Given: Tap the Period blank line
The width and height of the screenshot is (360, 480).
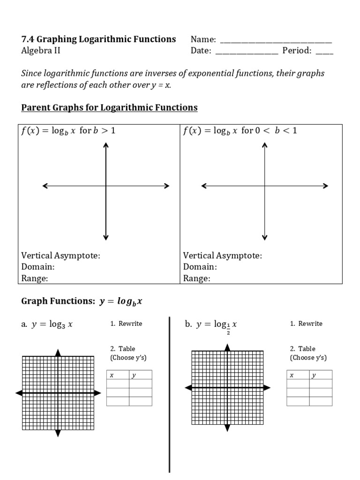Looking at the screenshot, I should click(324, 53).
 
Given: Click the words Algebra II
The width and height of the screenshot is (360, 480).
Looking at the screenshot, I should click(41, 51).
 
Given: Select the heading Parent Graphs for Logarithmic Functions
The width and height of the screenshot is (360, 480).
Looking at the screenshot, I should click(109, 108).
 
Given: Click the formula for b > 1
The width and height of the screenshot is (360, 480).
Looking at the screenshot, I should click(68, 131).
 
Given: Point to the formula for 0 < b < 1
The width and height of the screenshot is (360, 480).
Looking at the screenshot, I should click(240, 131).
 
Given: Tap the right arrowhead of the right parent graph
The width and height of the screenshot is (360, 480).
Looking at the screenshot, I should click(325, 186).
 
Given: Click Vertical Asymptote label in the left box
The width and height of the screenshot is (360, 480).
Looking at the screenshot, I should click(61, 255).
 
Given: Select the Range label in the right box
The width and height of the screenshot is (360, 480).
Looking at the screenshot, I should click(196, 278).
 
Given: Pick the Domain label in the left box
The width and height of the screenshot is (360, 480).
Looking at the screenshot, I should click(38, 267).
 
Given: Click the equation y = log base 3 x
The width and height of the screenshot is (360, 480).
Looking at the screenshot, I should click(52, 324).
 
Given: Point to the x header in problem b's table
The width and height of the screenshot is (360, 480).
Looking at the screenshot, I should click(292, 375).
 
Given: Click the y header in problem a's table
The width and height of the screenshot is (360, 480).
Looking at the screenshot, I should click(134, 375).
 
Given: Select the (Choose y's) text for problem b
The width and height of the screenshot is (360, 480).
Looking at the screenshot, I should click(308, 358).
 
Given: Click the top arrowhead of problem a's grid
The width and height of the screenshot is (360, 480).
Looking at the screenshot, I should click(58, 352).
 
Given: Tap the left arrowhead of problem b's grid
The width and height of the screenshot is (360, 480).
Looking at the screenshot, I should click(188, 388).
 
